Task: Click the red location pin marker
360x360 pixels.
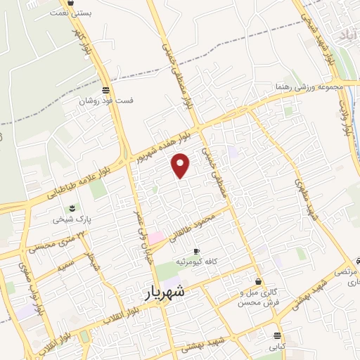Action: pyautogui.click(x=181, y=165)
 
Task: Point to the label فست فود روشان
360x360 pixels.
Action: pyautogui.click(x=105, y=100)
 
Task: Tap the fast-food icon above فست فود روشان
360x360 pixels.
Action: pyautogui.click(x=105, y=90)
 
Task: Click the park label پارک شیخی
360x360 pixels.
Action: pyautogui.click(x=68, y=219)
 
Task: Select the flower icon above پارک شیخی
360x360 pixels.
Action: pyautogui.click(x=71, y=208)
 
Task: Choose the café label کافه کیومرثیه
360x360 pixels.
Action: pyautogui.click(x=210, y=262)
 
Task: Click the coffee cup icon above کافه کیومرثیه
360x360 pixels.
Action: pyautogui.click(x=196, y=251)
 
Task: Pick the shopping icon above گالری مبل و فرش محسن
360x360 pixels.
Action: pyautogui.click(x=259, y=281)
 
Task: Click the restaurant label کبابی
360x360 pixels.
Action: pyautogui.click(x=276, y=347)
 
